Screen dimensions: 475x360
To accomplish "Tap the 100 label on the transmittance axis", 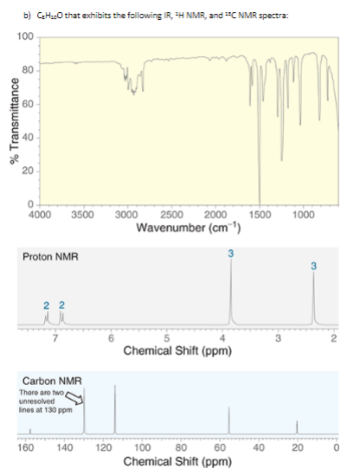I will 25,37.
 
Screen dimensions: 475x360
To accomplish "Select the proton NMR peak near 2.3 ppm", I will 313,298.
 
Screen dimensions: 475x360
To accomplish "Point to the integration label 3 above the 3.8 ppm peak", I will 231,252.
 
